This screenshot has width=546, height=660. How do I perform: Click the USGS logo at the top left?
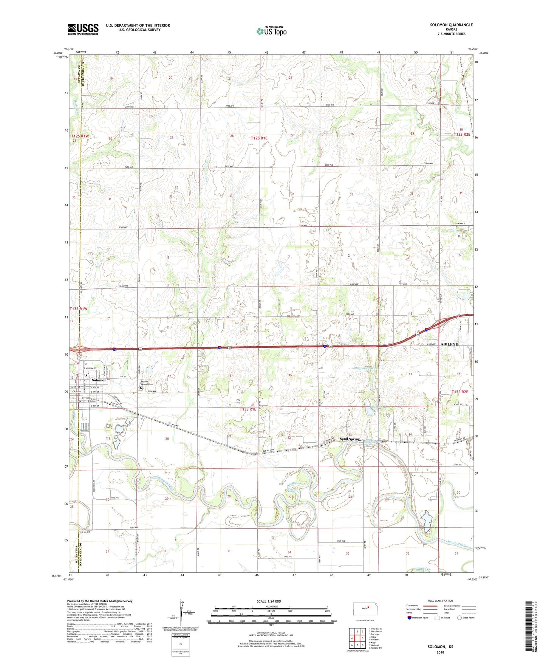click(x=83, y=29)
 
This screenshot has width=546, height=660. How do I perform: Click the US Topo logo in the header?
click(x=271, y=31)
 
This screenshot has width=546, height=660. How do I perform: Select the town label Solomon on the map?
click(x=99, y=380)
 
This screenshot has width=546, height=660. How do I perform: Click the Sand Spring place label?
click(x=350, y=439)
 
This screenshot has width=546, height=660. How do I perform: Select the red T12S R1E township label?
click(x=259, y=138)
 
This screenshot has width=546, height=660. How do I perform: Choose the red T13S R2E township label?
click(x=459, y=392)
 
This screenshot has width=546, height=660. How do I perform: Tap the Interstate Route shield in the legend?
click(x=410, y=618)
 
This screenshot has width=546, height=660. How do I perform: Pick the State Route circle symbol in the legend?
click(x=459, y=618)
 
